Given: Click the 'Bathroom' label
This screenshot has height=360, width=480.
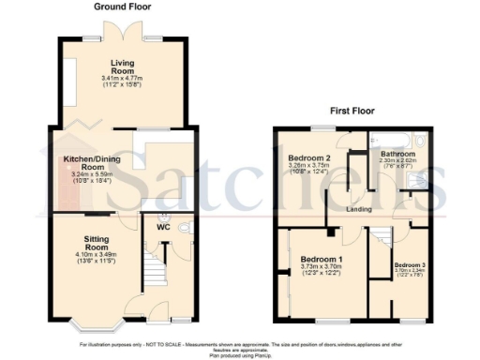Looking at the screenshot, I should click(x=397, y=154).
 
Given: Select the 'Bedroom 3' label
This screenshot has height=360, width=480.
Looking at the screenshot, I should click(x=410, y=265).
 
